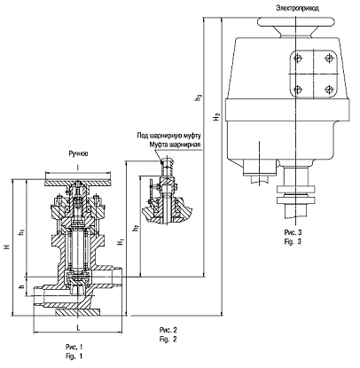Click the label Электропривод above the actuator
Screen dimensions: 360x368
pos(298,8)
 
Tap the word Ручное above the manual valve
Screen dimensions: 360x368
pos(78,153)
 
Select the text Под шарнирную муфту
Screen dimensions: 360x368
pos(169,136)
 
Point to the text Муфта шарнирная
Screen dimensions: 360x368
pos(175,145)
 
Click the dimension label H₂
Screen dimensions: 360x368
pos(217,116)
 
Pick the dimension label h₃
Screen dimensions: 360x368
pos(199,98)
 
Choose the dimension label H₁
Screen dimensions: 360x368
pos(121,242)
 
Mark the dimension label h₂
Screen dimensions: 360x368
pos(136,228)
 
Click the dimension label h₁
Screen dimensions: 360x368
pos(21,232)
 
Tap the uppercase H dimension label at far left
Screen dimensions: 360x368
pos(8,246)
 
